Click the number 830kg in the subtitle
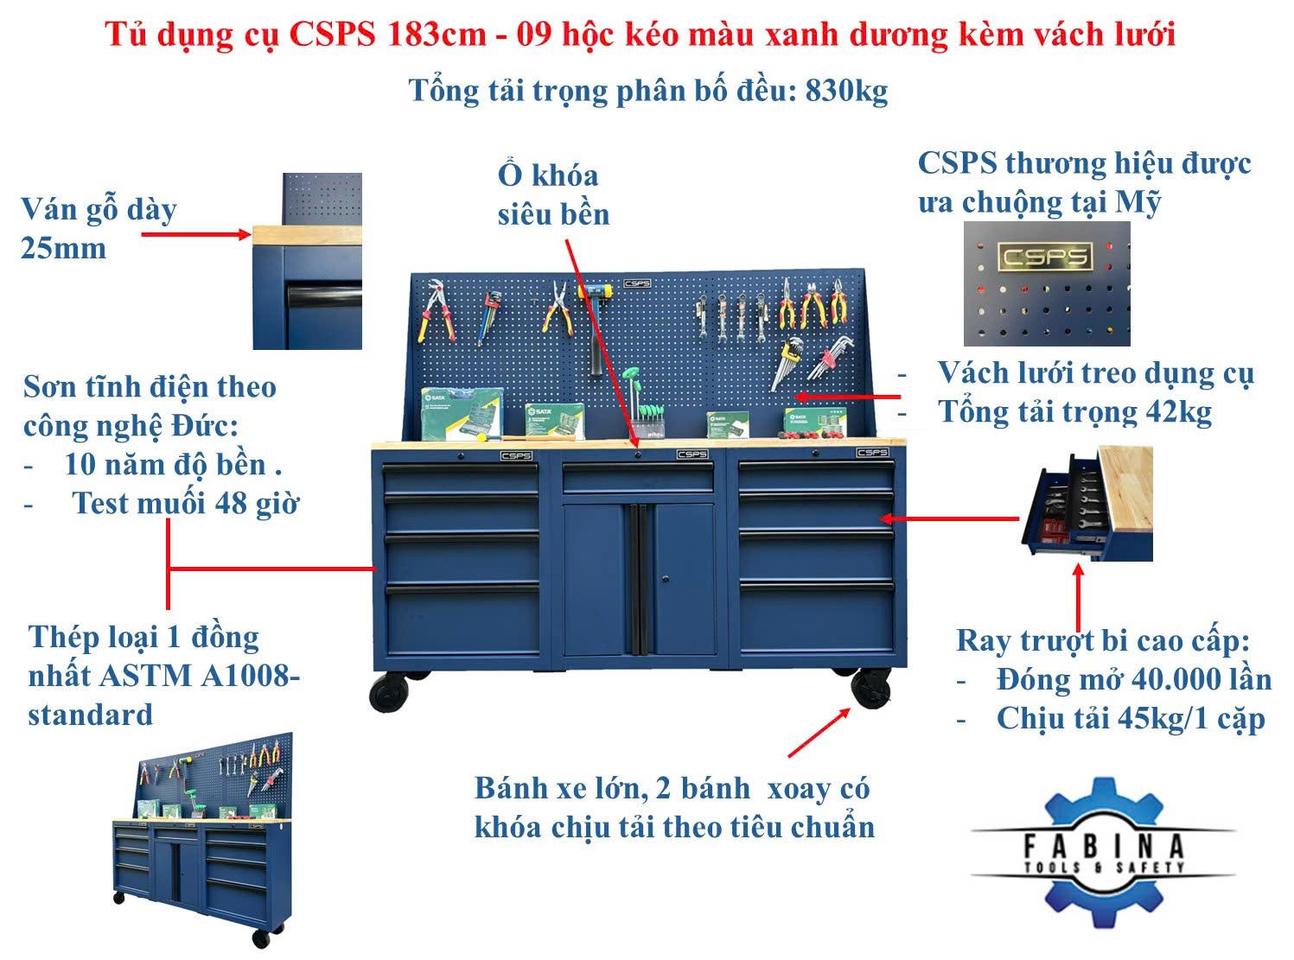click(846, 91)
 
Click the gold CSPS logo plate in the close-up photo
click(1044, 257)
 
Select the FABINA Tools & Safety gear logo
click(1103, 852)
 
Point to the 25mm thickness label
click(64, 248)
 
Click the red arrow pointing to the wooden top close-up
click(196, 234)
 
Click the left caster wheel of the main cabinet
click(389, 692)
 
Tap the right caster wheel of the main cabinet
click(870, 688)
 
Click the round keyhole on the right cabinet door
click(666, 579)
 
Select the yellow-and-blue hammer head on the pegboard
click(594, 290)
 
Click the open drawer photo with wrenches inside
click(1087, 503)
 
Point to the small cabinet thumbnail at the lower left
click(202, 839)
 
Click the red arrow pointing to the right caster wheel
click(819, 733)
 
